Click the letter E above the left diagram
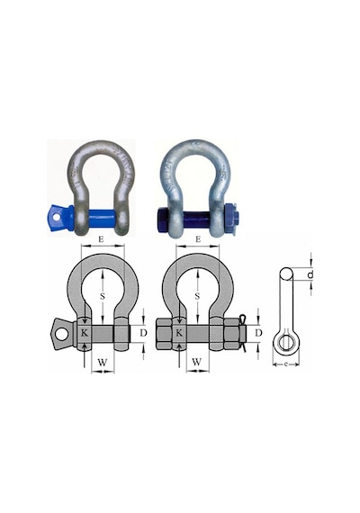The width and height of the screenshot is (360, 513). pyautogui.click(x=101, y=239)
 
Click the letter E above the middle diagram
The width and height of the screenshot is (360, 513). pyautogui.click(x=198, y=239)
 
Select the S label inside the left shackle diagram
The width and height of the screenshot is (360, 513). pyautogui.click(x=103, y=296)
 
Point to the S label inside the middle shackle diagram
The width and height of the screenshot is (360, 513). pyautogui.click(x=197, y=296)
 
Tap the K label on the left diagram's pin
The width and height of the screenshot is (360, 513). pyautogui.click(x=85, y=333)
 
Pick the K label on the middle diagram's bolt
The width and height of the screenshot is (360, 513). pyautogui.click(x=179, y=333)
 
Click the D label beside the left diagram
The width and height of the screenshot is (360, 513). pyautogui.click(x=143, y=333)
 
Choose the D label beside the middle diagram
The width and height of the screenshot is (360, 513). pyautogui.click(x=258, y=333)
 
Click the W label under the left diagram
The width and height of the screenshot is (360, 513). pyautogui.click(x=103, y=362)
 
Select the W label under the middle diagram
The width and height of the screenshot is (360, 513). pyautogui.click(x=197, y=362)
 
